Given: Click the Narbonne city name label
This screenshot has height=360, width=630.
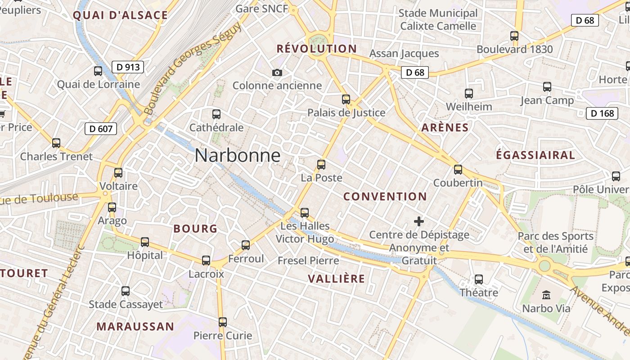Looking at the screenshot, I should click(238, 156).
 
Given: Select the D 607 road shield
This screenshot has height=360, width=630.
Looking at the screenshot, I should click(101, 129).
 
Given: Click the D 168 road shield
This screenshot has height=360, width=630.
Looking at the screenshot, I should click(602, 113).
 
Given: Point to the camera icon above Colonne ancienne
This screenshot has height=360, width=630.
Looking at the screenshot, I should click(277, 72).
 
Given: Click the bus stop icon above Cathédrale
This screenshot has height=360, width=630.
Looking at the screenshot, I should click(216, 114).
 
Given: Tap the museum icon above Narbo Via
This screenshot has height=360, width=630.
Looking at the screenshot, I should click(546, 295).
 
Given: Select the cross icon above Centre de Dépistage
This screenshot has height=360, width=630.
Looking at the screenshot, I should click(419, 221).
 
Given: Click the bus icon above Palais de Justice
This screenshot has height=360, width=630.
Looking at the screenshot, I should click(346, 99).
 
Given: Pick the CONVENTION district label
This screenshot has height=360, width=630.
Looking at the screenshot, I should click(385, 197).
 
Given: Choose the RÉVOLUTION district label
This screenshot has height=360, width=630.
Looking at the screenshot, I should click(316, 49).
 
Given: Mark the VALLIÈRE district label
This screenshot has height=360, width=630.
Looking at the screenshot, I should click(336, 279).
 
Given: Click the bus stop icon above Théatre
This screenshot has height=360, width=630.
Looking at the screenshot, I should click(479, 279).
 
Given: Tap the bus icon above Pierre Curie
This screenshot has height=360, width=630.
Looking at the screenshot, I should click(223, 322).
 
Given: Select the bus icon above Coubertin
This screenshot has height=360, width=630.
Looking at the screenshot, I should click(458, 170).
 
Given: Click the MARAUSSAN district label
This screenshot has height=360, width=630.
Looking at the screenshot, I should click(135, 327).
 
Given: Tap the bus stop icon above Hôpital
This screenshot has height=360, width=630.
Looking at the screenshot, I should click(145, 242).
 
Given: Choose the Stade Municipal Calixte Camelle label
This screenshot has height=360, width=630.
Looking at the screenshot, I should click(438, 20).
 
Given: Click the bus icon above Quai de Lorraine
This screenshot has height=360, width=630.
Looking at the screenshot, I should click(98, 71).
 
